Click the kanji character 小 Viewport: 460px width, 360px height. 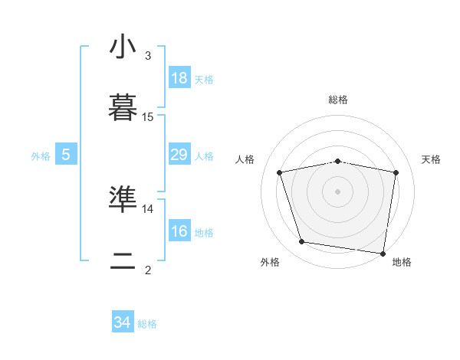[123, 47]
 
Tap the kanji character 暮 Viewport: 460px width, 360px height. [123, 109]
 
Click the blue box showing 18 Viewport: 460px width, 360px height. [179, 78]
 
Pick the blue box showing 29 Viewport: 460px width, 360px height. [179, 155]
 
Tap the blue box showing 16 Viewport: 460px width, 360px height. [179, 231]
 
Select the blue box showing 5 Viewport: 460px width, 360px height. [66, 155]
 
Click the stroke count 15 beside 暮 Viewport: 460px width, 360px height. [148, 117]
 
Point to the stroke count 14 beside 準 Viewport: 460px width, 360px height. [148, 208]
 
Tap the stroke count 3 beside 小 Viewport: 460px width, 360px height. [148, 56]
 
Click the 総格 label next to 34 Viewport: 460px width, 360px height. [147, 324]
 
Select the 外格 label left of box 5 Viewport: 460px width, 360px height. [41, 156]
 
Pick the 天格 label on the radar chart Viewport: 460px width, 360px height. [431, 159]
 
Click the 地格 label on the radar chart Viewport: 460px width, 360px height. [402, 262]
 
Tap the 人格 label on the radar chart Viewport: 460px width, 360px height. [245, 159]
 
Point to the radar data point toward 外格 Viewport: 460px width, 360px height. [302, 242]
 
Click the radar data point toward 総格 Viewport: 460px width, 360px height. [338, 161]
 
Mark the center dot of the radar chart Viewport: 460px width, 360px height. [338, 191]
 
